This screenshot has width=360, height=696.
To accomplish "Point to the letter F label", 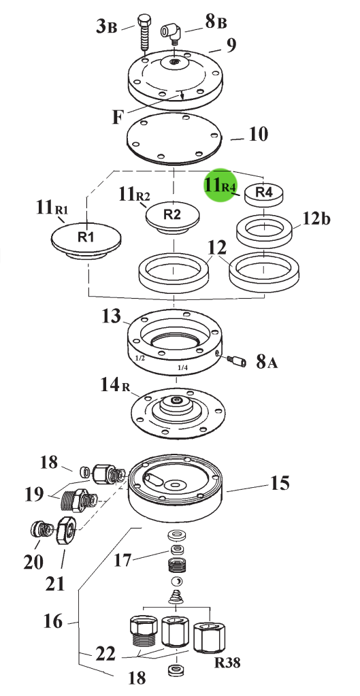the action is point(117,118).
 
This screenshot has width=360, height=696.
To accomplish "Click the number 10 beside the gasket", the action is point(258,134).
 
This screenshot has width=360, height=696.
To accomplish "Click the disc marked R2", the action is point(173,216).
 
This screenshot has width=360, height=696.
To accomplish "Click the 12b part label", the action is point(316,219).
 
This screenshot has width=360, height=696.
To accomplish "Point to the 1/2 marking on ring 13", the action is point(140,357).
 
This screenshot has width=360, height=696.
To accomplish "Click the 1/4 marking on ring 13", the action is point(182,367).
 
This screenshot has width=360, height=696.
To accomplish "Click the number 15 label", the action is point(280,483).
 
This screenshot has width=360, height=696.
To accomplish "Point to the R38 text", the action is point(227,663).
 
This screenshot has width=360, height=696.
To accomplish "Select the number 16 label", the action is point(53,621).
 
